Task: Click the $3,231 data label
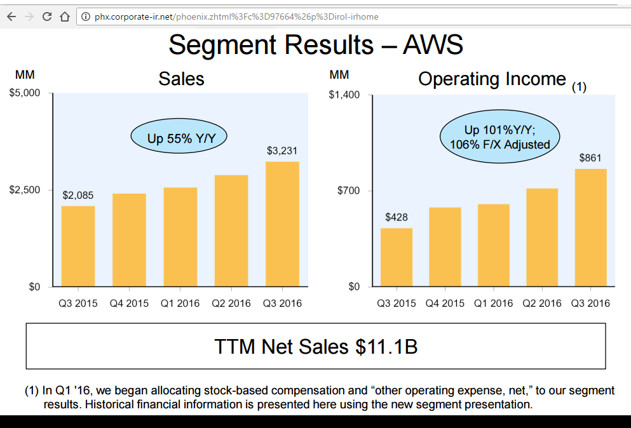(x=282, y=151)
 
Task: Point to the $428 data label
(x=397, y=217)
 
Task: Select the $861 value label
(x=590, y=158)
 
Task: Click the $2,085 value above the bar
(x=78, y=195)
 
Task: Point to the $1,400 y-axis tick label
(x=344, y=95)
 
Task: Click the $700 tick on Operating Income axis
(x=348, y=191)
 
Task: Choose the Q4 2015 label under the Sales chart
(x=129, y=304)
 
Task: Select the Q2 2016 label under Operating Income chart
(x=542, y=304)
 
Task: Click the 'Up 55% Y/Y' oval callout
(x=179, y=138)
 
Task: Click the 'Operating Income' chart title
(x=492, y=79)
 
